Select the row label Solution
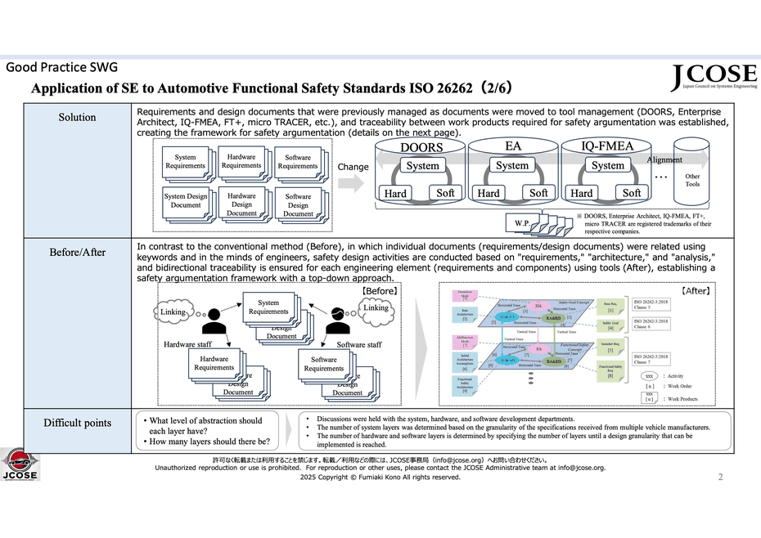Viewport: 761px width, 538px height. click(x=77, y=117)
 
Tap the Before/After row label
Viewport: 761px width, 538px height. click(x=77, y=252)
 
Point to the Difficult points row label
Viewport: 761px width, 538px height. click(x=77, y=423)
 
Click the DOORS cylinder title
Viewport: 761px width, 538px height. click(x=421, y=148)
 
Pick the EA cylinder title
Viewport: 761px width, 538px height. click(x=513, y=147)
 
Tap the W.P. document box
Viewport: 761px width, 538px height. click(x=521, y=223)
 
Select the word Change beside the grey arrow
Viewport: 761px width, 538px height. click(x=353, y=166)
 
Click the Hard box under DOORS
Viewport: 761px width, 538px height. click(x=395, y=194)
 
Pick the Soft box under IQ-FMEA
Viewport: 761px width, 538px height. click(x=632, y=193)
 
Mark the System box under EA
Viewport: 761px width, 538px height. click(x=512, y=165)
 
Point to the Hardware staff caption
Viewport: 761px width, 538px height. click(x=188, y=344)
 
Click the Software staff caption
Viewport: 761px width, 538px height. click(x=359, y=344)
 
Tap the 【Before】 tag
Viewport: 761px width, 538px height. click(x=380, y=290)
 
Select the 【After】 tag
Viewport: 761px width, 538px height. click(x=696, y=290)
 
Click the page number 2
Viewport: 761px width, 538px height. click(x=720, y=477)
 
